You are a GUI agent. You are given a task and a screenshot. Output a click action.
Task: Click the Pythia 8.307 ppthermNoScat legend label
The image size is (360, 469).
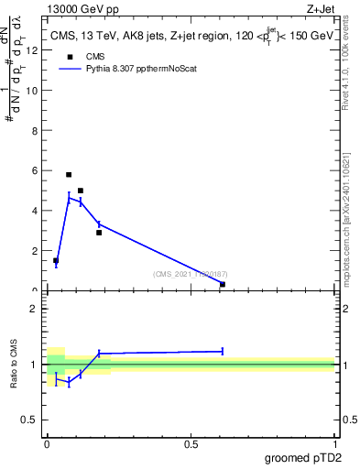coord(144,68)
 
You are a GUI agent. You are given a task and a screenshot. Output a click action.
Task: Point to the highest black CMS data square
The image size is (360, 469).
coord(69,174)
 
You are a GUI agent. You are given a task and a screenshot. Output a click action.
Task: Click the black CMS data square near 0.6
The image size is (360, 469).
coord(223,284)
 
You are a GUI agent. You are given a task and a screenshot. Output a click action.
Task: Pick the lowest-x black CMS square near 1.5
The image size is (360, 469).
coord(56,260)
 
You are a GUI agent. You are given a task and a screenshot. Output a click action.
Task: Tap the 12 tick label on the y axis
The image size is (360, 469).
coord(33,50)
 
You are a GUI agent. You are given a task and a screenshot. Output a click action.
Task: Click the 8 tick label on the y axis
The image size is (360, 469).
coord(35,130)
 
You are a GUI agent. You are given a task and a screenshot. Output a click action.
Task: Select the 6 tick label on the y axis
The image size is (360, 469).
coord(35,170)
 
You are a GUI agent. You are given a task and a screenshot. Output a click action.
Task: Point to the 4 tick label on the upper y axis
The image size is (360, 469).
coord(35,211)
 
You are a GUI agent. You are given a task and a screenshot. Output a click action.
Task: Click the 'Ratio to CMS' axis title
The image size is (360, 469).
coord(14,364)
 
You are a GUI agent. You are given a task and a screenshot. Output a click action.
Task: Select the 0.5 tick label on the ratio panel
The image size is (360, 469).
coord(31,420)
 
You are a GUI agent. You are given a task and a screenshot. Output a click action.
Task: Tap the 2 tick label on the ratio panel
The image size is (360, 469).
coord(35,308)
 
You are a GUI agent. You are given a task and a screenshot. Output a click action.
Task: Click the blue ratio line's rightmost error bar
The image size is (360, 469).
coord(223,351)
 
